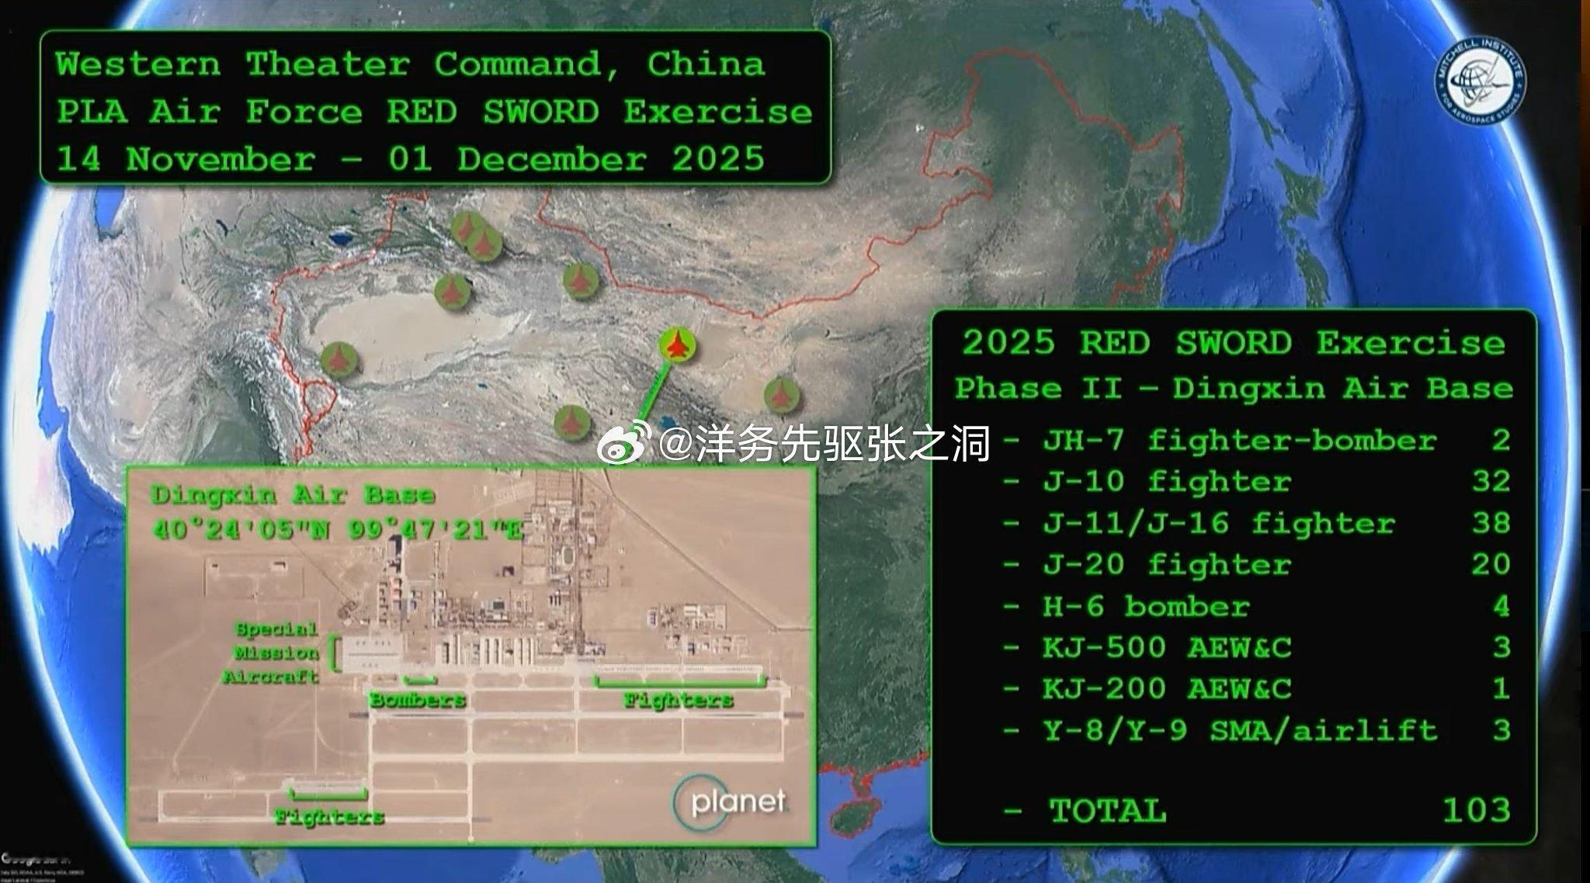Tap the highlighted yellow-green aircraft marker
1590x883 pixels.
tap(678, 345)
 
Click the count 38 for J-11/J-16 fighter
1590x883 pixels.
tap(1491, 523)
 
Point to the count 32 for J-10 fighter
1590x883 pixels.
tap(1491, 481)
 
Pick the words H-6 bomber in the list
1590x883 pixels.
tap(1145, 606)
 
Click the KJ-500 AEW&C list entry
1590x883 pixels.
tap(1166, 647)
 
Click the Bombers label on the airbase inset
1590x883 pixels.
tap(418, 700)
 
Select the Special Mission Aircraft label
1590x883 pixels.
tap(273, 653)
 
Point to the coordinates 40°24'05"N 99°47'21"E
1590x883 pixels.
tap(338, 530)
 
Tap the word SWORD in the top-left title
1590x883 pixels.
tap(540, 112)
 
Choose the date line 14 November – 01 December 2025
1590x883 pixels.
tap(411, 159)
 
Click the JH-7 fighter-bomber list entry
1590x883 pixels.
tap(1239, 440)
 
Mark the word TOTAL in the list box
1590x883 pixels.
tap(1107, 810)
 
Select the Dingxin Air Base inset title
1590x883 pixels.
tap(293, 494)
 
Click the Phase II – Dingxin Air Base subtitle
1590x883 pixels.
tap(1234, 388)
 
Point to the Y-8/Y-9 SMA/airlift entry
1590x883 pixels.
tap(1239, 730)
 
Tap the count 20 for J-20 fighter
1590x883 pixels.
tap(1491, 564)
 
